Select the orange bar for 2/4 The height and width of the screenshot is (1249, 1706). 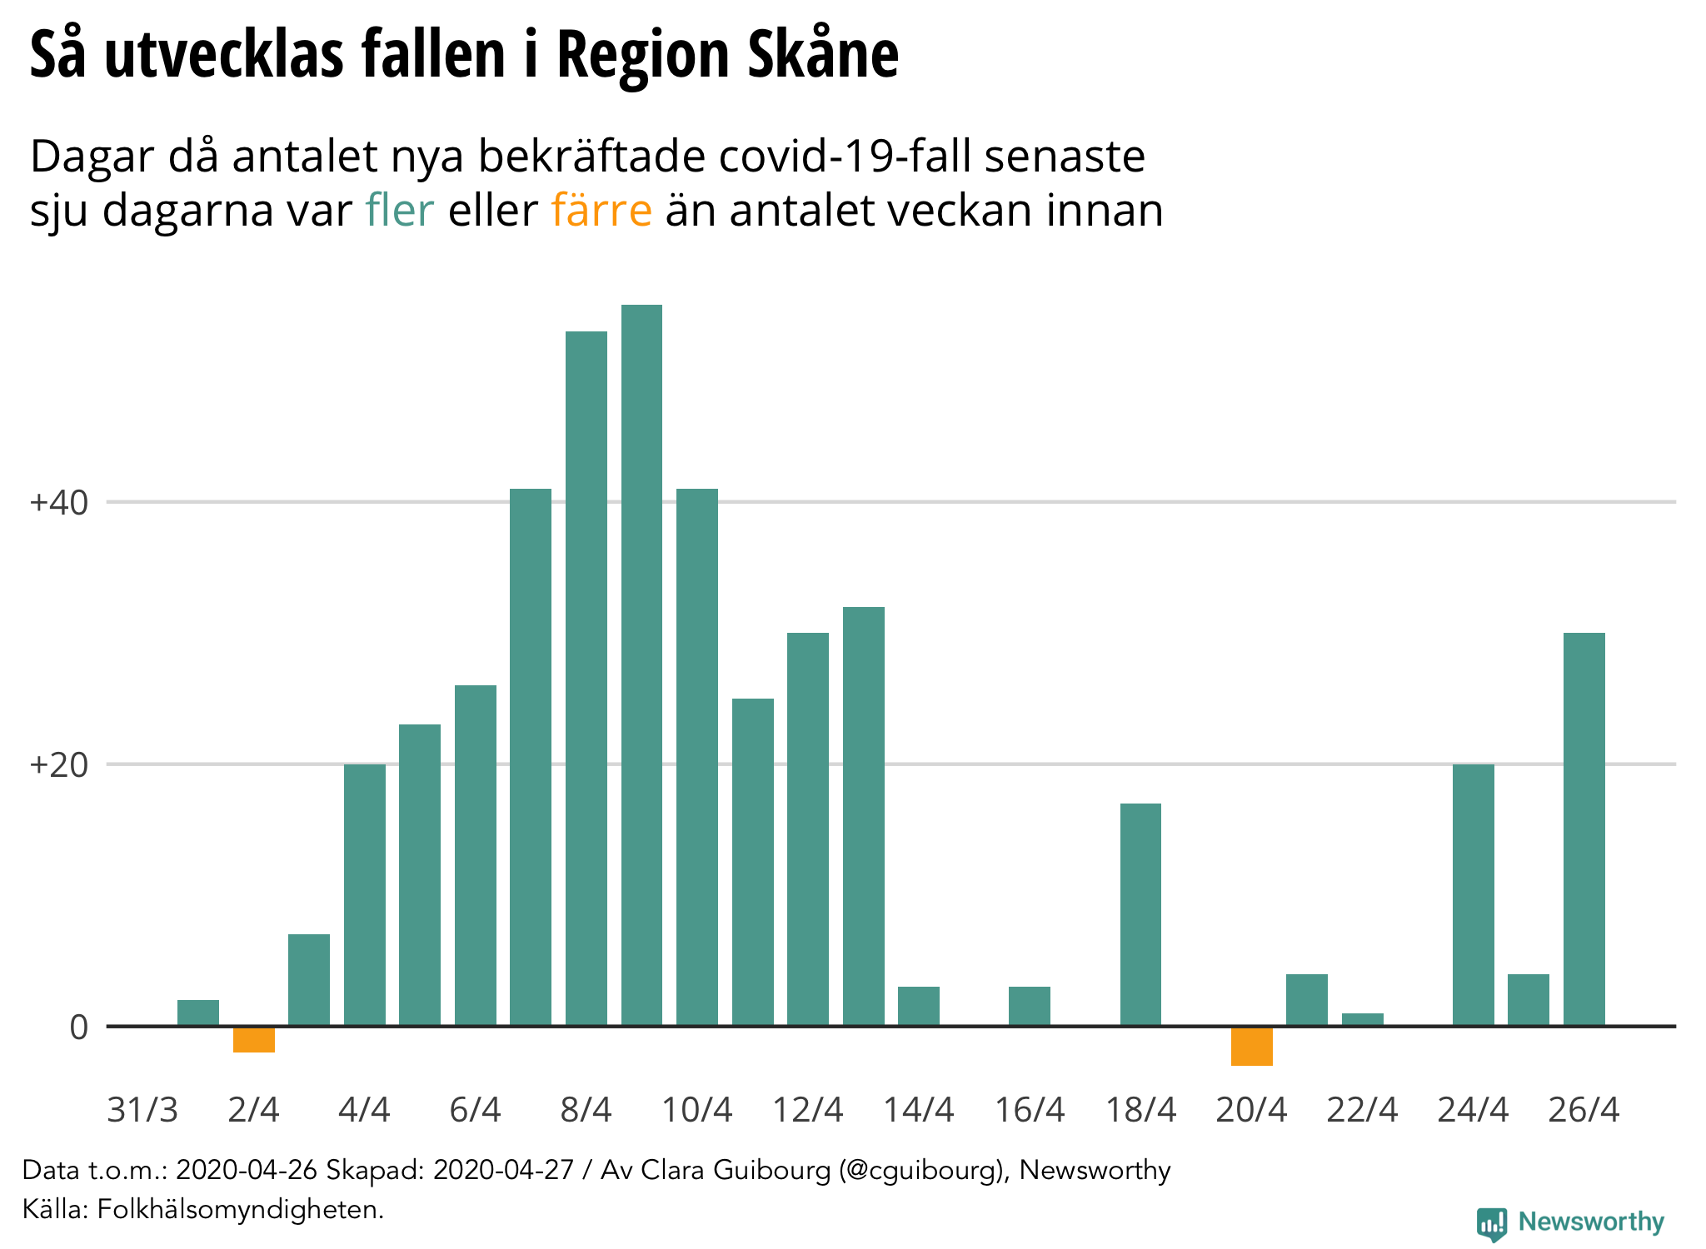click(x=253, y=1039)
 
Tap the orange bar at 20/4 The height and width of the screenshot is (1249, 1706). click(x=1251, y=1046)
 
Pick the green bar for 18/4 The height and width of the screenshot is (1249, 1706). click(x=1140, y=914)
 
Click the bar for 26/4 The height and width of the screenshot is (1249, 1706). click(x=1584, y=829)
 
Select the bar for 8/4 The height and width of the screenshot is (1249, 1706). click(x=586, y=678)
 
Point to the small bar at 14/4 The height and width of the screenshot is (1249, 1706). click(x=919, y=1006)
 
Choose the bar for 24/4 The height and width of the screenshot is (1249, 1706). click(x=1473, y=894)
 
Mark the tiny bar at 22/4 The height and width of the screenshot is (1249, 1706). click(x=1362, y=1019)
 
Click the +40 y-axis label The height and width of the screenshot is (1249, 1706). click(x=58, y=503)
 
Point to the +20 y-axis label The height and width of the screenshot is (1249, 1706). click(x=58, y=765)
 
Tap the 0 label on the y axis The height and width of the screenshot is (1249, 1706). click(x=78, y=1028)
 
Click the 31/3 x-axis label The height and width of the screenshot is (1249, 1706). click(x=142, y=1110)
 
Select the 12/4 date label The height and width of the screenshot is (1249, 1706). click(x=807, y=1110)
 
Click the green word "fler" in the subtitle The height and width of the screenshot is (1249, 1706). click(x=399, y=210)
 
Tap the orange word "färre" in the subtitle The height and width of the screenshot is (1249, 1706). click(x=601, y=210)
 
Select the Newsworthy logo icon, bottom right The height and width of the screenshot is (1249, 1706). click(x=1491, y=1223)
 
